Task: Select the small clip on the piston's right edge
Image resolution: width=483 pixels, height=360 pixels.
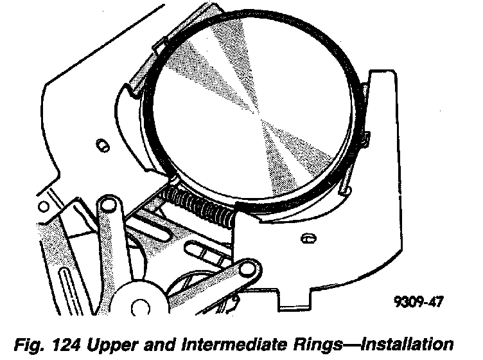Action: [365, 137]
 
